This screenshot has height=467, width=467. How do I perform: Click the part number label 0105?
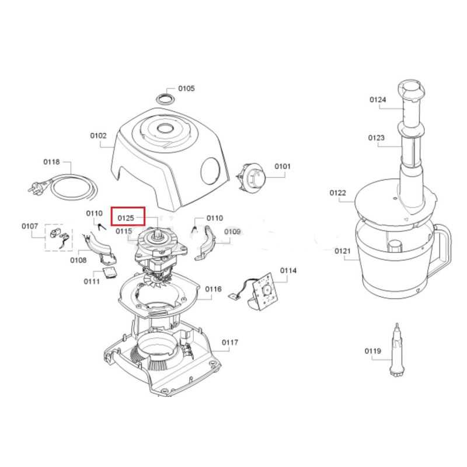(186, 89)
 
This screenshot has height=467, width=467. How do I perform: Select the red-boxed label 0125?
(126, 218)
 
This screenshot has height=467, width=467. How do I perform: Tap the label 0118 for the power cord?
(51, 162)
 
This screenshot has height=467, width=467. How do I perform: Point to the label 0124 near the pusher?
(378, 99)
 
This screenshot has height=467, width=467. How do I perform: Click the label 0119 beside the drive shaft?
(373, 351)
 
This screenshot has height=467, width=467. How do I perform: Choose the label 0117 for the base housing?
(230, 343)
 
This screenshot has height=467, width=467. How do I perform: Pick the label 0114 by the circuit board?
(288, 270)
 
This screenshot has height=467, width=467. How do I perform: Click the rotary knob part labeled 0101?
(251, 178)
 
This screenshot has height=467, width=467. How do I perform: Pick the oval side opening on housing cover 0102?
(211, 170)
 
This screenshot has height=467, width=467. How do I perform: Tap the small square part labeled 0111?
(110, 273)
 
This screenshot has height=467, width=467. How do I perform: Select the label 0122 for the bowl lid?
(338, 193)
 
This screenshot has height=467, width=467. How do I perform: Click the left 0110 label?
(94, 213)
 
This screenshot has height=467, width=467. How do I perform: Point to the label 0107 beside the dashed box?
(30, 226)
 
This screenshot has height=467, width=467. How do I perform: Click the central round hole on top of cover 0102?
(165, 128)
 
